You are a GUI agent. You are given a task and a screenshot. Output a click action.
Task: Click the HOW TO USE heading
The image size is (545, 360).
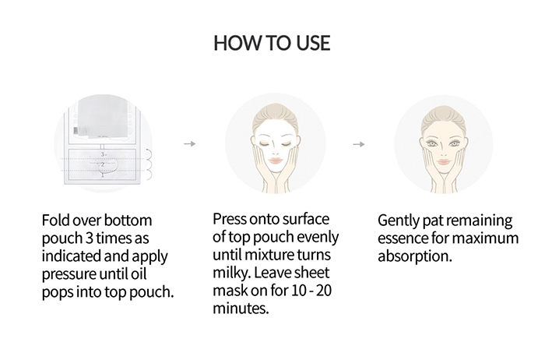pos(272,43)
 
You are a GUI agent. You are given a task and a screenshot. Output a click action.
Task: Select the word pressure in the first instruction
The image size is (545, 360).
pos(77,274)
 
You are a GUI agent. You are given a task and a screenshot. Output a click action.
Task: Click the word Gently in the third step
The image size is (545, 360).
pos(399,221)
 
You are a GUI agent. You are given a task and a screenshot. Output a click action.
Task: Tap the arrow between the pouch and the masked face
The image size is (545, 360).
pos(188,144)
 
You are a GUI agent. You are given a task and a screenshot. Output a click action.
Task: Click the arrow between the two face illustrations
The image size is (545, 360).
pos(359,144)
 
